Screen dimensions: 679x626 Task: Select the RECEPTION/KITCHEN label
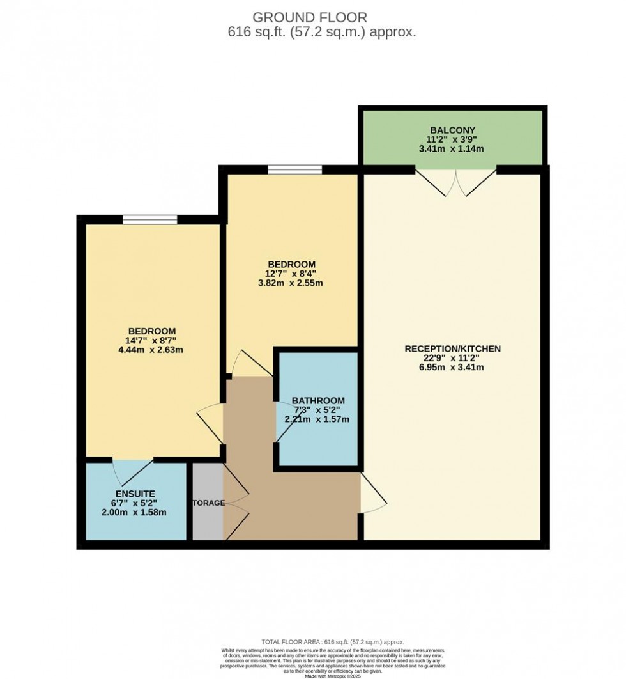[452, 348]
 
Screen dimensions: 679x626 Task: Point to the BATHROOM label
[318, 401]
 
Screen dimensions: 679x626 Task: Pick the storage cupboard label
[208, 503]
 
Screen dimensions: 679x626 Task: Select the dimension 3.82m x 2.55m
[291, 283]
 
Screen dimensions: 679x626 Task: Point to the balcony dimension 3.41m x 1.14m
[453, 149]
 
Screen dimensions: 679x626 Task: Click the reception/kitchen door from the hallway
[373, 493]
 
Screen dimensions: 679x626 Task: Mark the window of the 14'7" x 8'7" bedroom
[150, 220]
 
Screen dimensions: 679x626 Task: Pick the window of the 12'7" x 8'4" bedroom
[294, 169]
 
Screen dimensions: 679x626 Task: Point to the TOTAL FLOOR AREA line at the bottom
[333, 642]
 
